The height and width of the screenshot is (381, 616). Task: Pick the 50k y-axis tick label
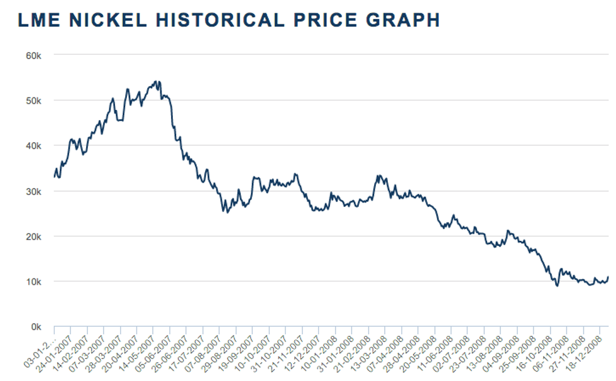coord(33,100)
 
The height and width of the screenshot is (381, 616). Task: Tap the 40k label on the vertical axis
coord(33,145)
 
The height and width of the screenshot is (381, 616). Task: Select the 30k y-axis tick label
coord(33,191)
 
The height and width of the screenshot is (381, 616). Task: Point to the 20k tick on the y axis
coord(33,236)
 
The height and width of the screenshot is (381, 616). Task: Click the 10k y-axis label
coord(33,282)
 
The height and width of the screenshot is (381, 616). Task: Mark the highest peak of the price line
coord(156,81)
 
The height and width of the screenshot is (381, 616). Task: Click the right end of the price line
coord(608,277)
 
